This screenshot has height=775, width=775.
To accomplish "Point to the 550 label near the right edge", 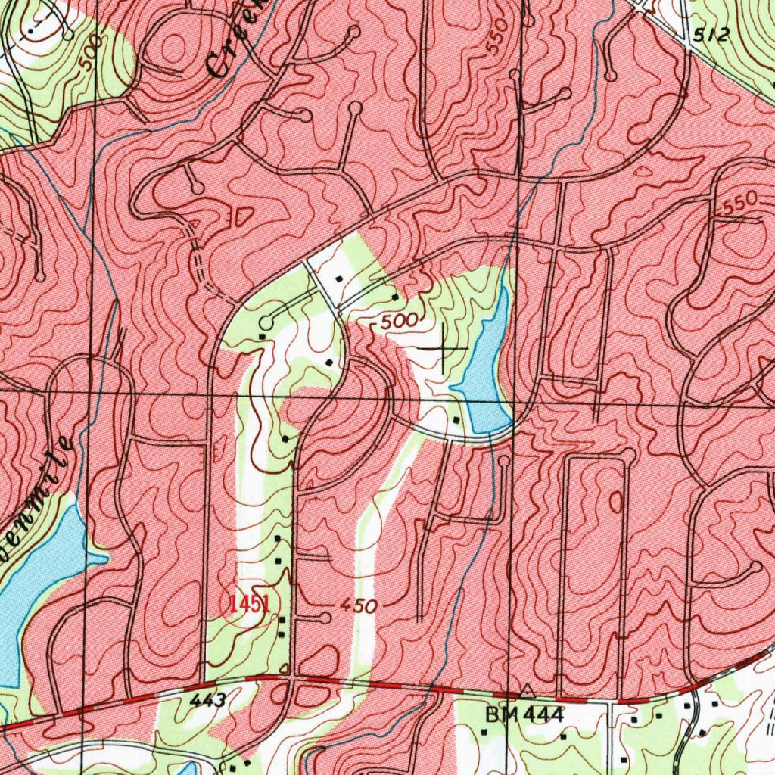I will (740, 201).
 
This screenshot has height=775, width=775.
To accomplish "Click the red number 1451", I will (250, 604).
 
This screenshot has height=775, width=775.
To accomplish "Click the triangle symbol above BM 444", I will (527, 690).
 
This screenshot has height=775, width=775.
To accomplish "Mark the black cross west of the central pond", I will (443, 349).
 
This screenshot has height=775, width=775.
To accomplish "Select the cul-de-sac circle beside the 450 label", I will (325, 618).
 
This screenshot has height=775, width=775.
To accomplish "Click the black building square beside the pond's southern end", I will (456, 419).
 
